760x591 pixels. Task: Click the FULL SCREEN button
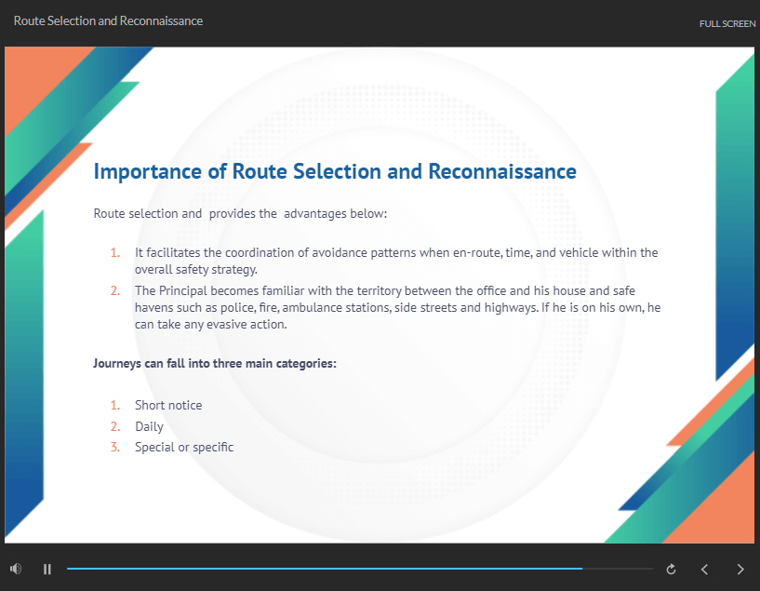[727, 24]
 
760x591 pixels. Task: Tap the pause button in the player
[47, 570]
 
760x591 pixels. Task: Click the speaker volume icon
[16, 569]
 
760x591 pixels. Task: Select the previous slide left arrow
[705, 570]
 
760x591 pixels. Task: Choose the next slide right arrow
[740, 570]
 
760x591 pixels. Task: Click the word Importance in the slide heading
[147, 172]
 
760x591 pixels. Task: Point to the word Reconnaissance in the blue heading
[502, 171]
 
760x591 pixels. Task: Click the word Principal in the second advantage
[182, 291]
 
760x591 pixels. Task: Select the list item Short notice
[168, 405]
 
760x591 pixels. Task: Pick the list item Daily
[149, 426]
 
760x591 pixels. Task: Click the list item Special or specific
[184, 448]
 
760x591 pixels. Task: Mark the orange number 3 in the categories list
[114, 447]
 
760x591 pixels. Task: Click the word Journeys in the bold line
[117, 364]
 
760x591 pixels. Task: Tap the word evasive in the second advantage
[227, 324]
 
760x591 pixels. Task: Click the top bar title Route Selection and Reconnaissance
[108, 20]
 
